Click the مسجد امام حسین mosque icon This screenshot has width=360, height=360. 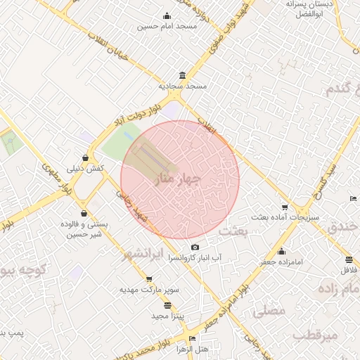pyautogui.click(x=167, y=16)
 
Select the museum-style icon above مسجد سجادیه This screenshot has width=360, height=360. pyautogui.click(x=183, y=75)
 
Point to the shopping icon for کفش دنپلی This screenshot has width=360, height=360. pyautogui.click(x=86, y=158)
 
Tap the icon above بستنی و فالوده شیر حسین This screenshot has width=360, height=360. pyautogui.click(x=84, y=213)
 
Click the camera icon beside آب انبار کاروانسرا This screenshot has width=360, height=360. pyautogui.click(x=195, y=247)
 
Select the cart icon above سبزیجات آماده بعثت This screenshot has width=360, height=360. pyautogui.click(x=284, y=207)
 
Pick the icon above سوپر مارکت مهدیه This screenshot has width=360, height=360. pyautogui.click(x=148, y=278)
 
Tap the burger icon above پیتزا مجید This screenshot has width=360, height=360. pyautogui.click(x=167, y=304)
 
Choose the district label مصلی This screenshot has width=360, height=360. pyautogui.click(x=268, y=308)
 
